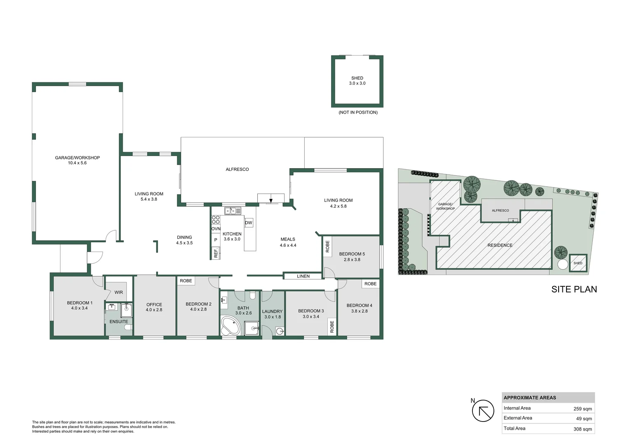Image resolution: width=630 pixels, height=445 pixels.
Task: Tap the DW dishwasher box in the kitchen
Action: [x=249, y=223]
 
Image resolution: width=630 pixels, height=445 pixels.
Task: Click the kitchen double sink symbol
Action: [x=233, y=211]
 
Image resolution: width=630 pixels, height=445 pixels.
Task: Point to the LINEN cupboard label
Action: [x=303, y=276]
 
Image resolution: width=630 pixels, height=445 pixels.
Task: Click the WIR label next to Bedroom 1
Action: [x=119, y=293]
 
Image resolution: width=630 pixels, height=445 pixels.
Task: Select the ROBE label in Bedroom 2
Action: [x=186, y=281]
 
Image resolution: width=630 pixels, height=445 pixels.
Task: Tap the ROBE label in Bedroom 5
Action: [x=328, y=246]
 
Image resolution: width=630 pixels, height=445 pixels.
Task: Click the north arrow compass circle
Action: [x=483, y=411]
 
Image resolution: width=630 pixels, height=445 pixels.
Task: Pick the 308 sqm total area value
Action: [x=583, y=429]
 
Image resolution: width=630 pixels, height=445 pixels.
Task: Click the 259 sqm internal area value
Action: [x=583, y=409]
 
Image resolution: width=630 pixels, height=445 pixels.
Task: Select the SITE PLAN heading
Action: [x=574, y=289]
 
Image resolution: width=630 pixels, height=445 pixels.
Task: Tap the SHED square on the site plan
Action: [x=578, y=263]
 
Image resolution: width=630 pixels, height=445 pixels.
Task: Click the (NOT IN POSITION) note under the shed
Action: [x=358, y=112]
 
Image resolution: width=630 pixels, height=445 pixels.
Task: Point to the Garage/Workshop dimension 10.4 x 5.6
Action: [x=78, y=163]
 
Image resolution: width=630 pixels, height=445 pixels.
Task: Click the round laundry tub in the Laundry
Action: [x=280, y=331]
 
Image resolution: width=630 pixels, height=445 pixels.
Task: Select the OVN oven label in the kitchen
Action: [x=216, y=229]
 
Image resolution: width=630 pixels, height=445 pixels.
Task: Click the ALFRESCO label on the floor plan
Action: [x=237, y=169]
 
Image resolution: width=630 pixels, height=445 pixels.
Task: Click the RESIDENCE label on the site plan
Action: [x=500, y=245]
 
